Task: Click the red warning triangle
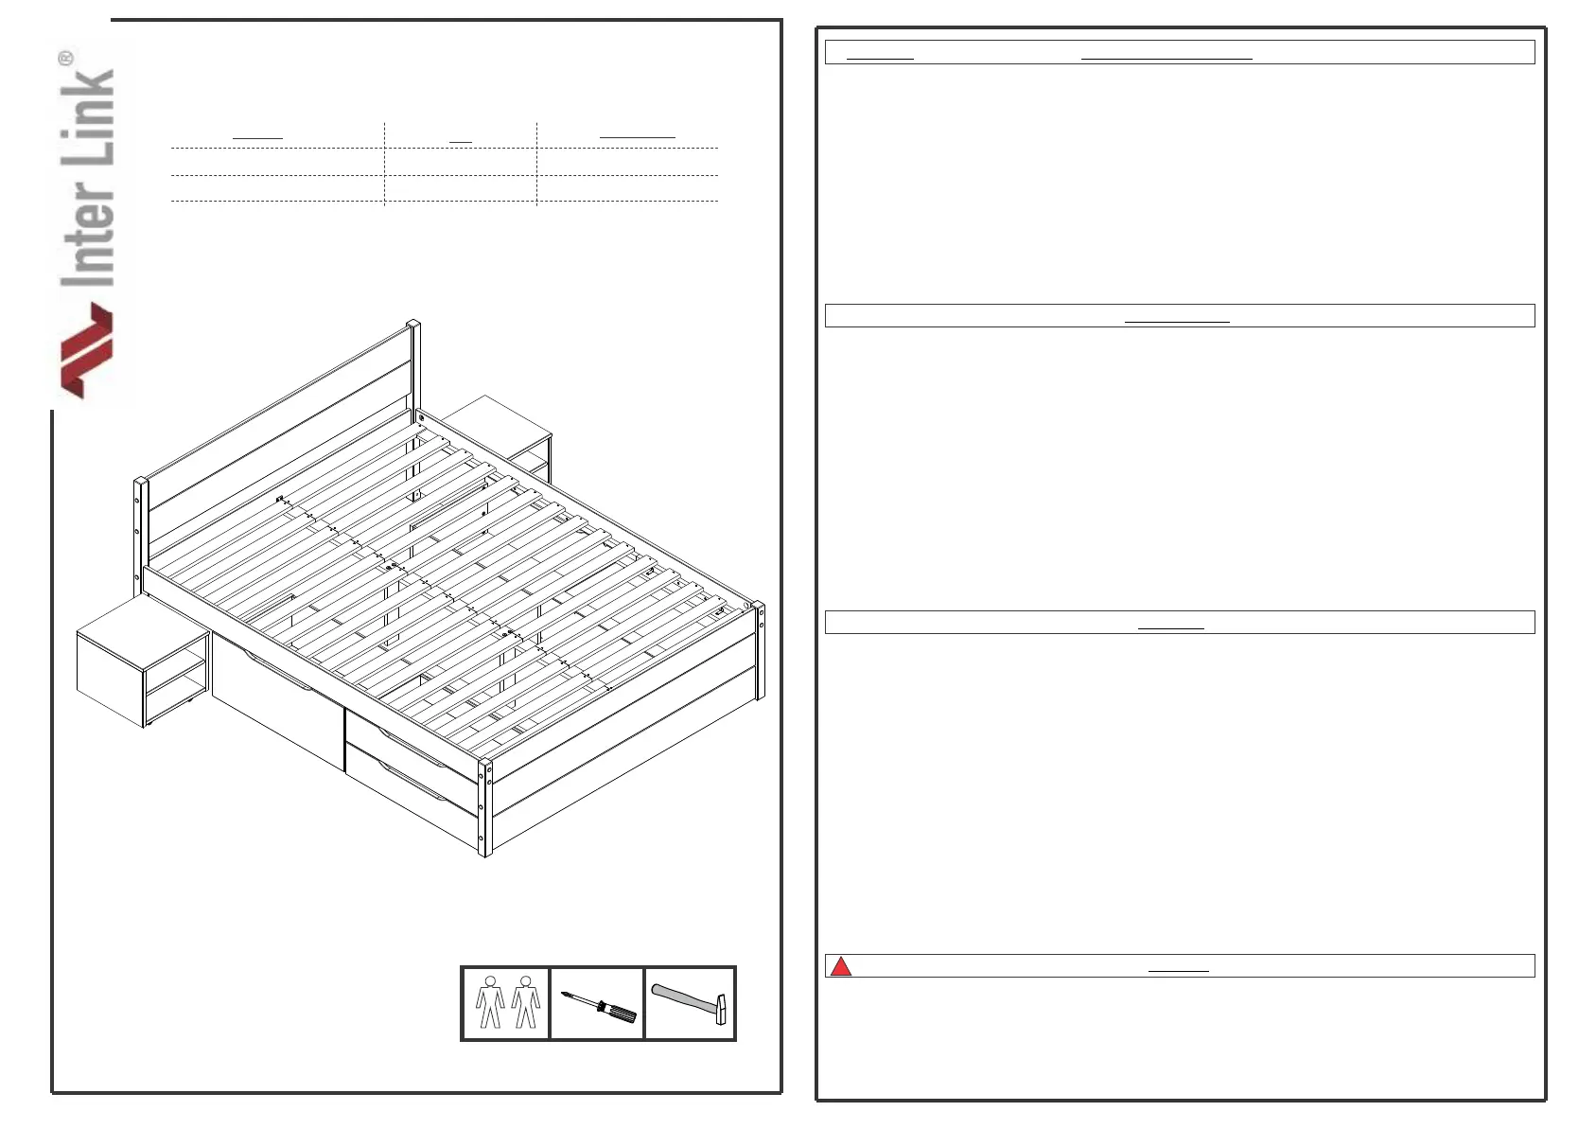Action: [840, 966]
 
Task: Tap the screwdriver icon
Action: [598, 1006]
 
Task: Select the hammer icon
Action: [690, 1003]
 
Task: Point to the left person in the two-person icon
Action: [489, 1002]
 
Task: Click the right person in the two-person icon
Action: [525, 1002]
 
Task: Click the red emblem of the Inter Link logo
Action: [87, 349]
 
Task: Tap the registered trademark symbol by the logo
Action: [65, 58]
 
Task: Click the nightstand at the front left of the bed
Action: [142, 662]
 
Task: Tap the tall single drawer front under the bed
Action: [277, 700]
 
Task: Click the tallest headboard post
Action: [413, 369]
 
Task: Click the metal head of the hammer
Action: [722, 1009]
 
